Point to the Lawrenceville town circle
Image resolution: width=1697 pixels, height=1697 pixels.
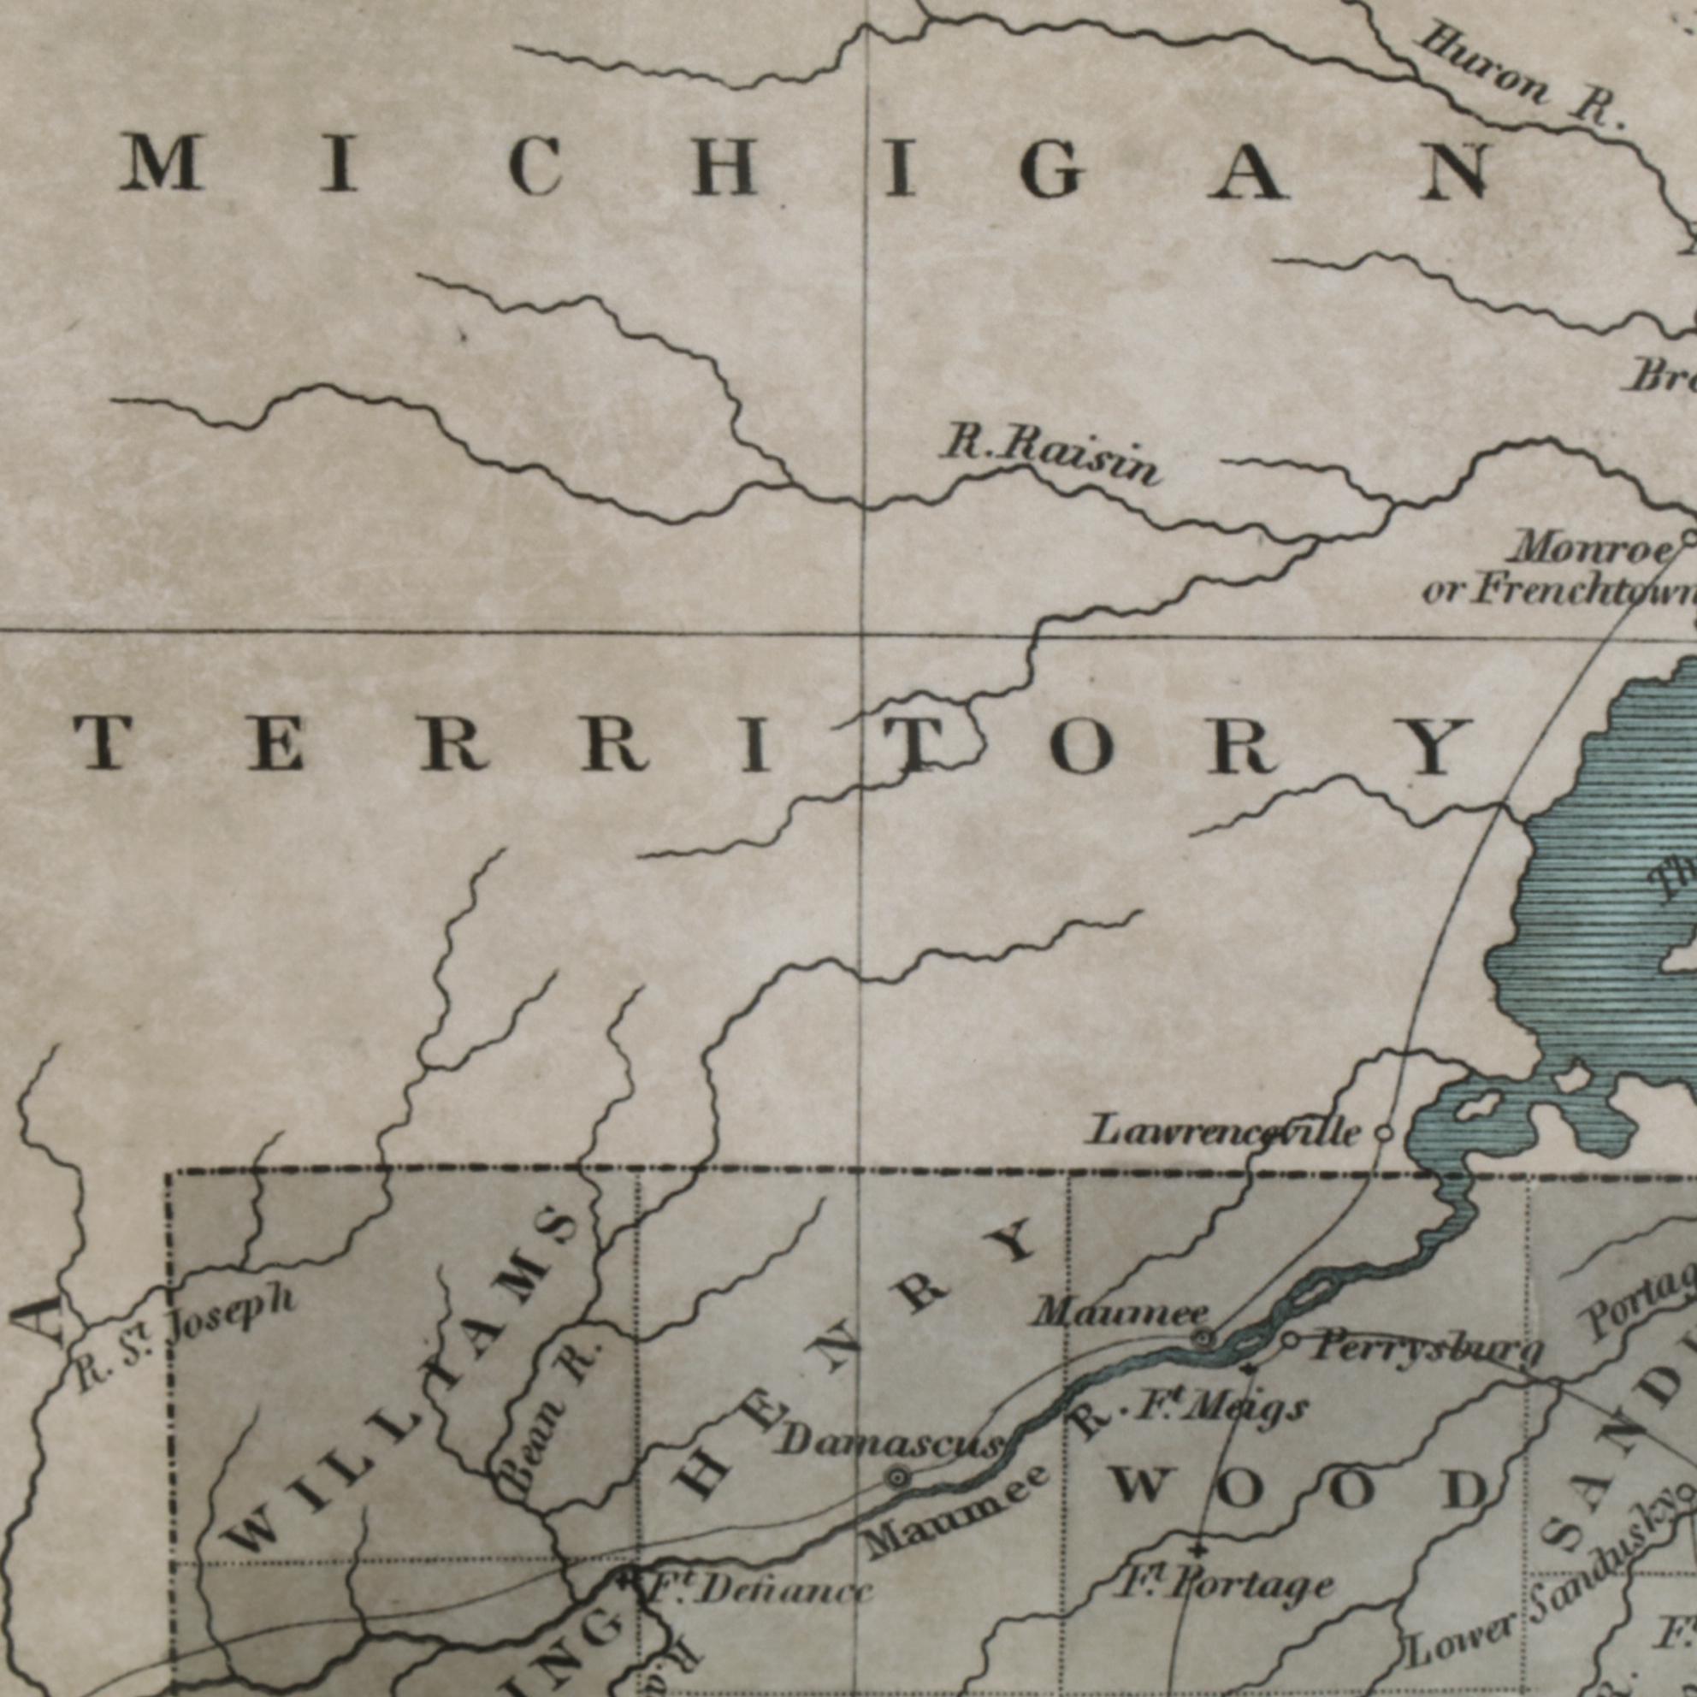[x=1383, y=1133]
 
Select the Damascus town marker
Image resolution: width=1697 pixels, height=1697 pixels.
[x=896, y=1478]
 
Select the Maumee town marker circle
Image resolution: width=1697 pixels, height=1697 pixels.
[x=1203, y=1339]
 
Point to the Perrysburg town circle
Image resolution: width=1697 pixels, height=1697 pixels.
[x=1291, y=1340]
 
